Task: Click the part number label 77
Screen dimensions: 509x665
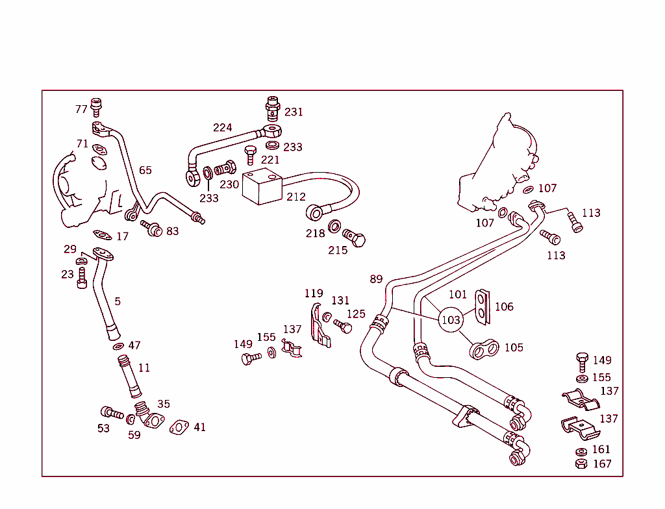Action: [81, 109]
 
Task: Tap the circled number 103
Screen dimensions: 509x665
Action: [451, 319]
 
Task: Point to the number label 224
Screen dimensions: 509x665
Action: [222, 128]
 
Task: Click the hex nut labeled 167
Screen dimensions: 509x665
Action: [581, 464]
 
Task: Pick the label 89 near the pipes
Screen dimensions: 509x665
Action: [377, 279]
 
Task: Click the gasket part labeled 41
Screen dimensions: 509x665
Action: [179, 427]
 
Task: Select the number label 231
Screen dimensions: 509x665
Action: [294, 112]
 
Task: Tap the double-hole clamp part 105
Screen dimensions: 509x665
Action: [484, 349]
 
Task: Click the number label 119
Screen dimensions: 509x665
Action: [314, 293]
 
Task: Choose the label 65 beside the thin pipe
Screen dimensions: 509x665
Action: [145, 170]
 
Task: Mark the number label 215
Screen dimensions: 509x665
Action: [338, 250]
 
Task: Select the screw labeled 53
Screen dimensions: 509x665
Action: [111, 413]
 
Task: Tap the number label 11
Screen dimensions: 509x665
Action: [144, 368]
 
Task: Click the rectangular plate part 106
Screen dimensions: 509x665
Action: [481, 306]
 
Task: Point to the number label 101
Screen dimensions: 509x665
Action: [457, 294]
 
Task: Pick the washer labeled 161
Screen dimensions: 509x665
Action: [581, 451]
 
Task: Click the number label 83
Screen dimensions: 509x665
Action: [172, 231]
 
